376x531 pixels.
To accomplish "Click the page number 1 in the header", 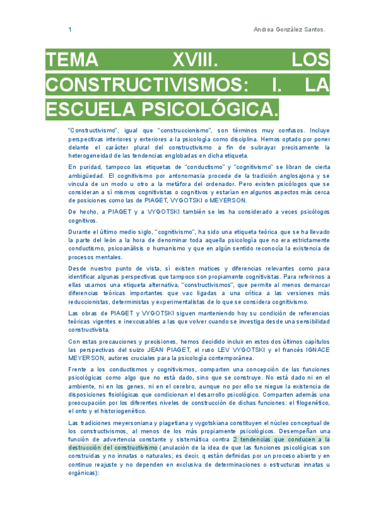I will pos(70,29).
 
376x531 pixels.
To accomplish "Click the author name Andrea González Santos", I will pos(290,29).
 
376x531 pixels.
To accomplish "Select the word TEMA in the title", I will pos(72,61).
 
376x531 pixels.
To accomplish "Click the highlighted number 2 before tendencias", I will pos(234,440).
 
